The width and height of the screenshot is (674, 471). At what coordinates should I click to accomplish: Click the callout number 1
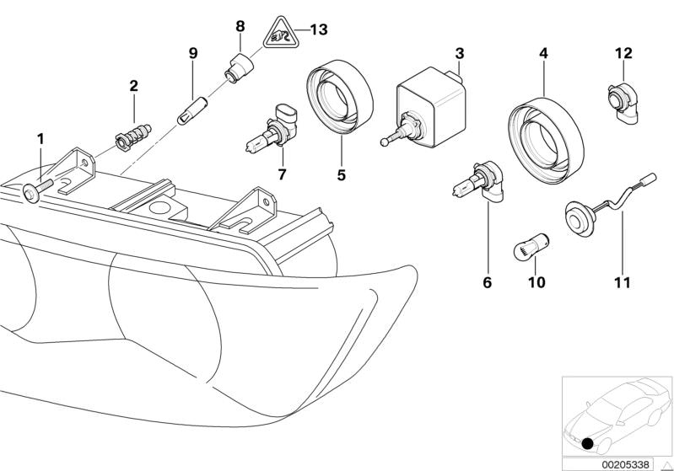[x=39, y=137]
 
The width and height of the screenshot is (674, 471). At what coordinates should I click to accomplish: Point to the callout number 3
[x=459, y=54]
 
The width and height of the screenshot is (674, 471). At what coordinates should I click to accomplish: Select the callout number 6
[x=486, y=285]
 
